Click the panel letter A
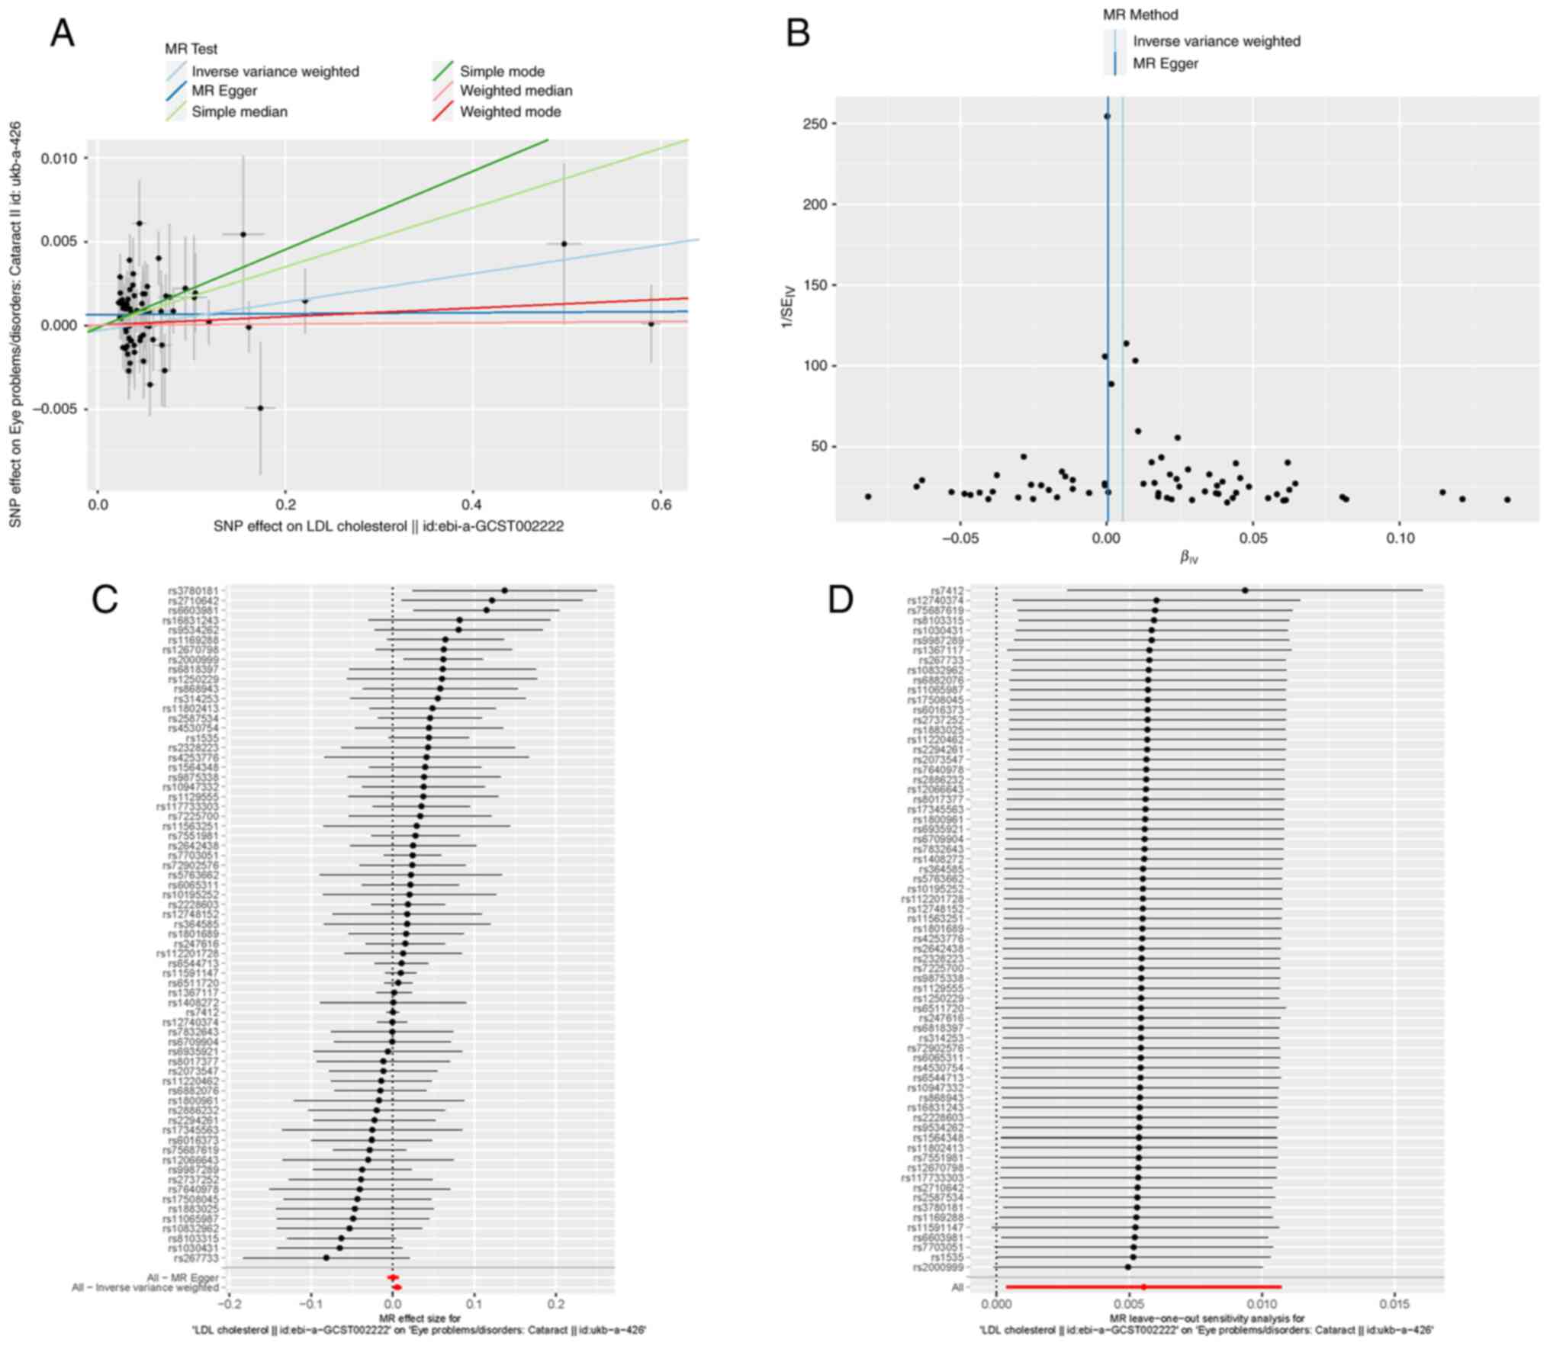(63, 34)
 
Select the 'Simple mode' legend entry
(502, 72)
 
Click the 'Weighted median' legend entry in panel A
(516, 92)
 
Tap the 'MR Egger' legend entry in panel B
(1165, 64)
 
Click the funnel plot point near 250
(1107, 117)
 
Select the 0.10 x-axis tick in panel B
(1399, 538)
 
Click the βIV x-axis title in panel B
(1188, 557)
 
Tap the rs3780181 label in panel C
(193, 591)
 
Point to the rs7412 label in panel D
(947, 591)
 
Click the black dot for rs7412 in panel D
(1245, 590)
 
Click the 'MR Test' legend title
(191, 49)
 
